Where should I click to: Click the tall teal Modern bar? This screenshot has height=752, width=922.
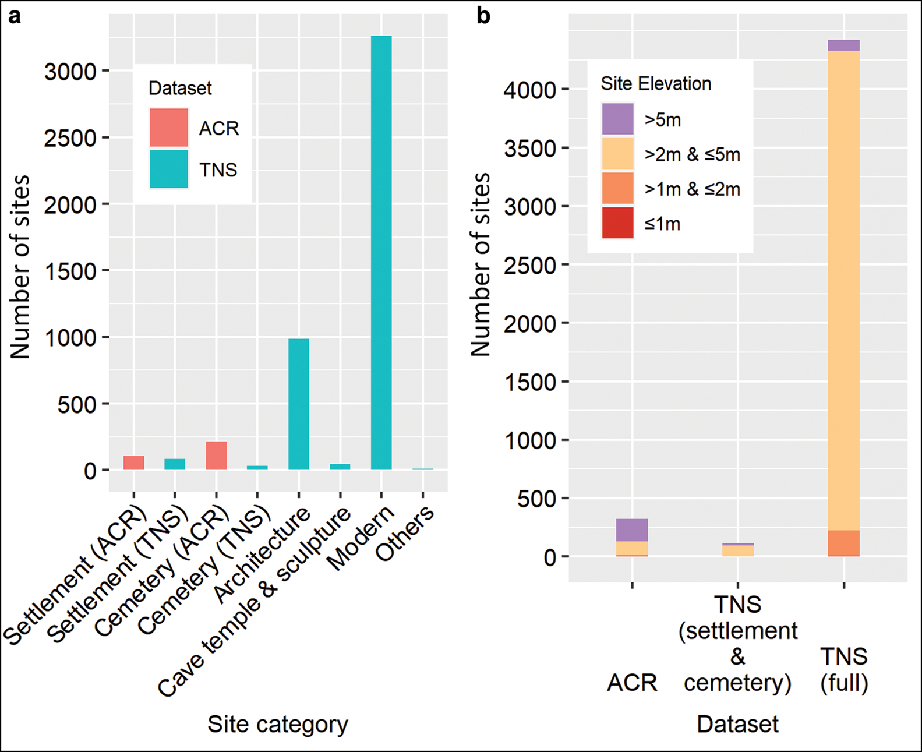coord(381,253)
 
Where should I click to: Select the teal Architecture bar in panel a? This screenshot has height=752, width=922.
coord(299,404)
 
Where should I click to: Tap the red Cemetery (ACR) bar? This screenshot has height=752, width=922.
coord(216,456)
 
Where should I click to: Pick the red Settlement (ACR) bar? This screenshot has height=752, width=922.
coord(134,463)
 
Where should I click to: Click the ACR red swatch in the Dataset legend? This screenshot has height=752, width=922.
coord(169,128)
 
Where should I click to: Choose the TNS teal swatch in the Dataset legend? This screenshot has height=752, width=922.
coord(169,170)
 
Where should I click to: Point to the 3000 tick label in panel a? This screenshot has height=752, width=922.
coord(70,72)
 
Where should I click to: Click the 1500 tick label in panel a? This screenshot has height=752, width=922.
coord(70,272)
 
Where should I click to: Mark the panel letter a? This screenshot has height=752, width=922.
coord(15,16)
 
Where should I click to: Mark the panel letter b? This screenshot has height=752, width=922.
coord(483,16)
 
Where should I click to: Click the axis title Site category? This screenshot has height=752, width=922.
coord(278,724)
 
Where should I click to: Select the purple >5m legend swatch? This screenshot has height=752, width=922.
coord(617,119)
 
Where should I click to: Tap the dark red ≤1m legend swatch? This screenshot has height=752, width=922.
coord(617,223)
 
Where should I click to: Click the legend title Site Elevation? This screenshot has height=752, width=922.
coord(656,84)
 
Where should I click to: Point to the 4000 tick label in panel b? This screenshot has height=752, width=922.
coord(529,91)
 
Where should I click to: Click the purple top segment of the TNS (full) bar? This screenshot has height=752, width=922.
coord(844,45)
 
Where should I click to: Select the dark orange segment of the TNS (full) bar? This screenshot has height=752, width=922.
coord(844,543)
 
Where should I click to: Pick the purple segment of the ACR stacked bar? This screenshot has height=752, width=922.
coord(632,530)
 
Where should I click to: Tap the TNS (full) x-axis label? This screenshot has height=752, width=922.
coord(844,669)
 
